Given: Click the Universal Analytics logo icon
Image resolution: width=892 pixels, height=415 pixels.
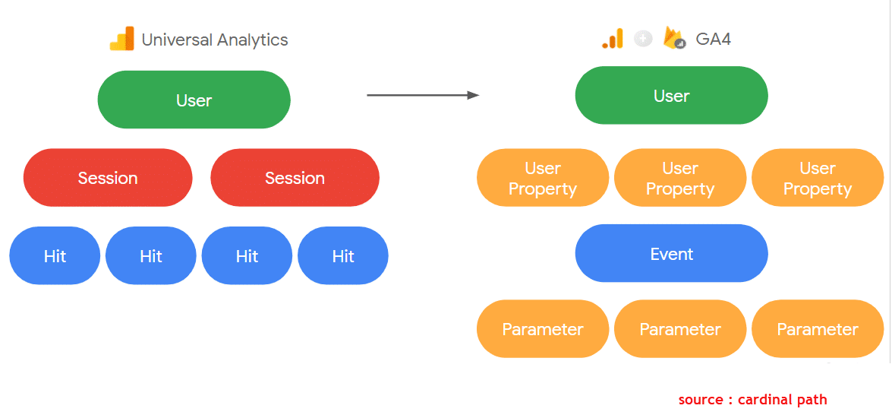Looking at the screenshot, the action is click(121, 39).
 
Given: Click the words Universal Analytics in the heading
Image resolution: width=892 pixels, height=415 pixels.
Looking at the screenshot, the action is click(215, 40).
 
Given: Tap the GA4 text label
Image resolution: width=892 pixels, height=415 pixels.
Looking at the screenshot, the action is click(714, 40).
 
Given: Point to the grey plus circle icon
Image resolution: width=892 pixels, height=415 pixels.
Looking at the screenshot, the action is click(643, 39).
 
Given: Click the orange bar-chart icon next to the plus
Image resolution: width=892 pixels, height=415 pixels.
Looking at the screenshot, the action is click(612, 38).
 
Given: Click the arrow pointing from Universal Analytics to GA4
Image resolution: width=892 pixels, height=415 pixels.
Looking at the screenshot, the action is click(424, 95).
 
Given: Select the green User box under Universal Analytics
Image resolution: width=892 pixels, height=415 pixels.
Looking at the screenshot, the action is click(194, 100).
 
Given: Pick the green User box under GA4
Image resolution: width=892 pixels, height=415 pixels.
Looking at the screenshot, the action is click(671, 95).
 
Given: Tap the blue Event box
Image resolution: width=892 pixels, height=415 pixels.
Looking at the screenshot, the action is click(671, 253).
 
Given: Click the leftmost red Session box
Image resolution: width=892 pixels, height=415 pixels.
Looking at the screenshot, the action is click(108, 178).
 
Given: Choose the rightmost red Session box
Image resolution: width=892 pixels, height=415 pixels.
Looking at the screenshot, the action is click(295, 178).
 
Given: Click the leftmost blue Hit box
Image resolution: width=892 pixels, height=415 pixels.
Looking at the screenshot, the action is click(55, 255).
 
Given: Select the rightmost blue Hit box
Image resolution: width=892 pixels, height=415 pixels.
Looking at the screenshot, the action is click(343, 255).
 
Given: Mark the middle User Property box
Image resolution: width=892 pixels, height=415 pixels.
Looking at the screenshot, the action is click(680, 178).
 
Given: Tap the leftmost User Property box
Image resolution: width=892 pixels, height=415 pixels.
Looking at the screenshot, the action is click(543, 178).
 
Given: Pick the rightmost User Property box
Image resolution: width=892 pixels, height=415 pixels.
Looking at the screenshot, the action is click(818, 178).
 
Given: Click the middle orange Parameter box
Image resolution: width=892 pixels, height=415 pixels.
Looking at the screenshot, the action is click(680, 329).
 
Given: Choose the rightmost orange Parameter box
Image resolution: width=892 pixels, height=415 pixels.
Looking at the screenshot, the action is click(818, 329).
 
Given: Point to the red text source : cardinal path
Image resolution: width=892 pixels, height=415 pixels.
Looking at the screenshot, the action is click(752, 400).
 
